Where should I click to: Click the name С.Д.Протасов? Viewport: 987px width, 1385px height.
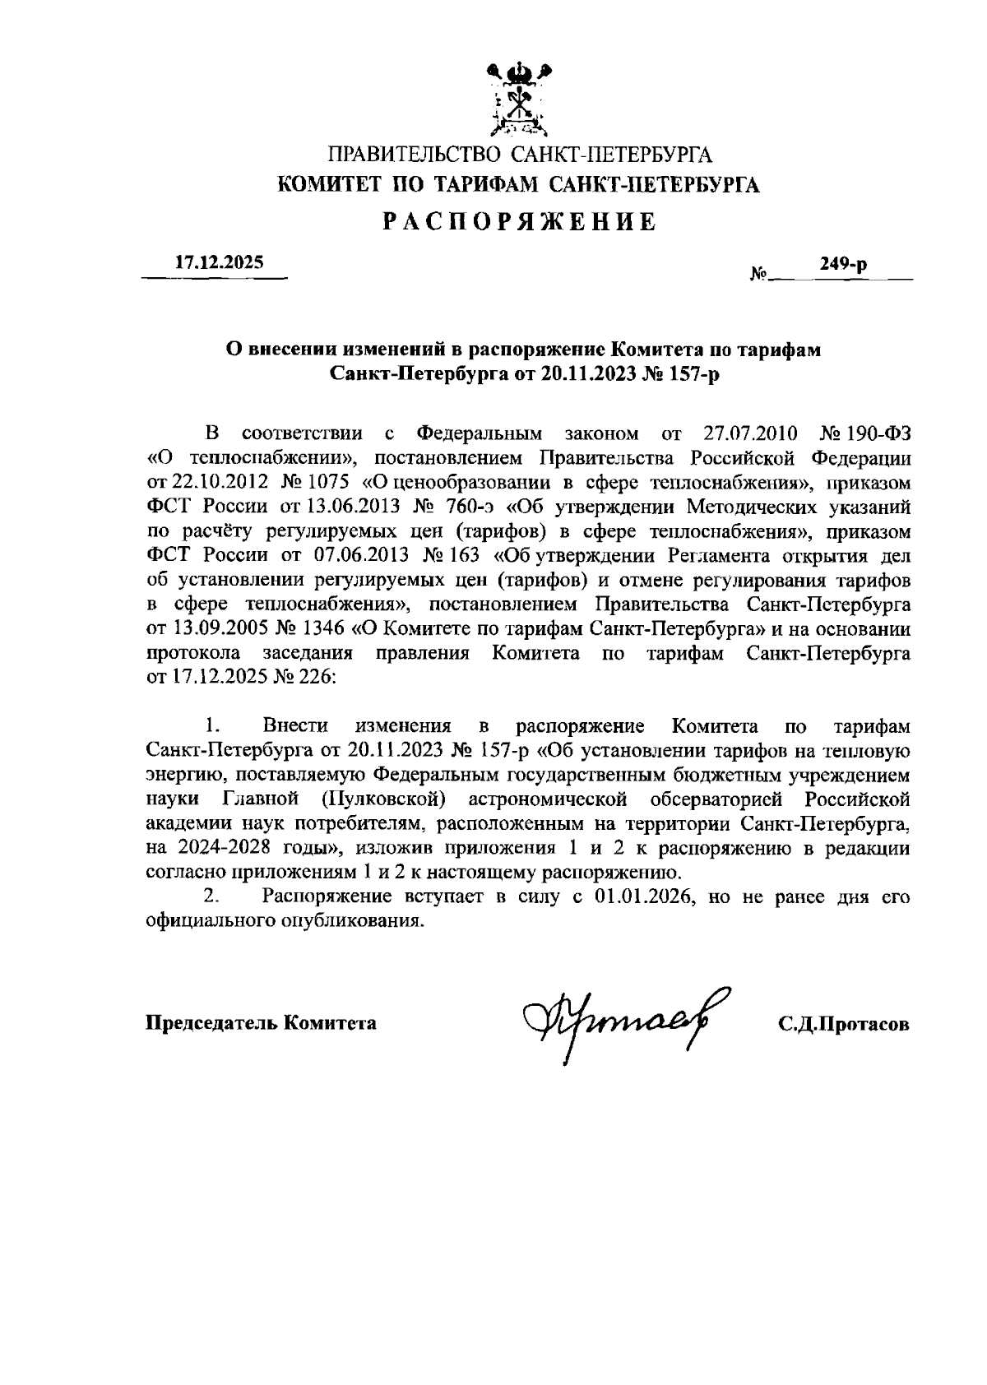(x=844, y=1024)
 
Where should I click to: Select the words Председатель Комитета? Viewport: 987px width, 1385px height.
(x=262, y=1023)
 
